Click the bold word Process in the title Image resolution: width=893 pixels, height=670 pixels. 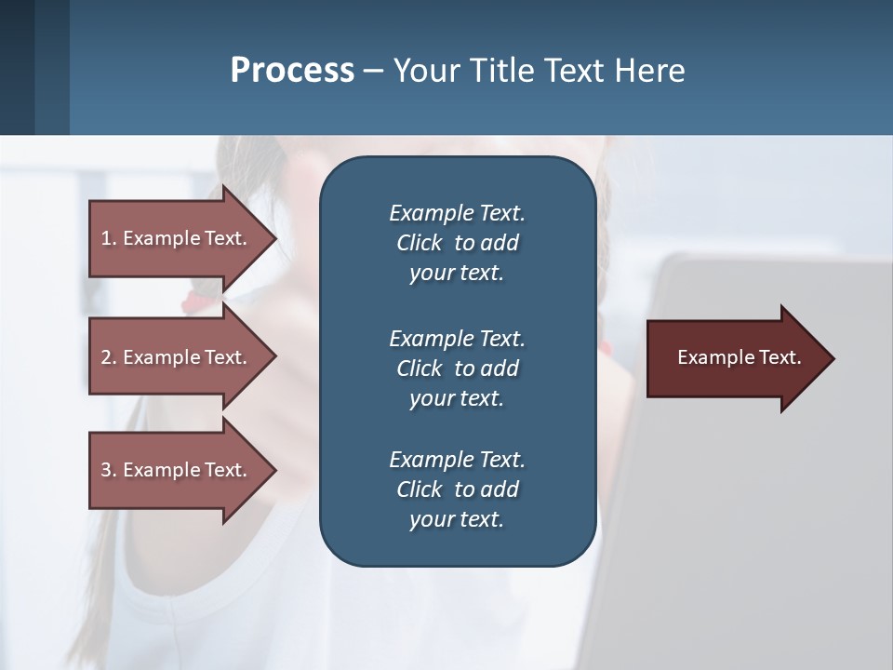click(292, 71)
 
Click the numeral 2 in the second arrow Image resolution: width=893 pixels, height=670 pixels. click(106, 357)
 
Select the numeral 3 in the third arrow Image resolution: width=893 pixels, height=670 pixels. click(106, 470)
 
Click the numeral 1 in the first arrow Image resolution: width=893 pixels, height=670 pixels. click(106, 238)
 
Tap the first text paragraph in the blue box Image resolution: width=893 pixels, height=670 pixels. click(457, 243)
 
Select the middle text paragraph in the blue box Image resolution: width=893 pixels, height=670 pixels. click(457, 368)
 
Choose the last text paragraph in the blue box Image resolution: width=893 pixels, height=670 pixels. click(457, 489)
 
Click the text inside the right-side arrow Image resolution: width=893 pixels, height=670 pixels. click(739, 357)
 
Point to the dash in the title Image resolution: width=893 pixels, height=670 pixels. click(373, 72)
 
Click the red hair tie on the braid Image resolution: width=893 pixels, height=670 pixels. click(197, 300)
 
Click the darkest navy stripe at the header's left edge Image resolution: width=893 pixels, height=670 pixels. click(17, 67)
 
